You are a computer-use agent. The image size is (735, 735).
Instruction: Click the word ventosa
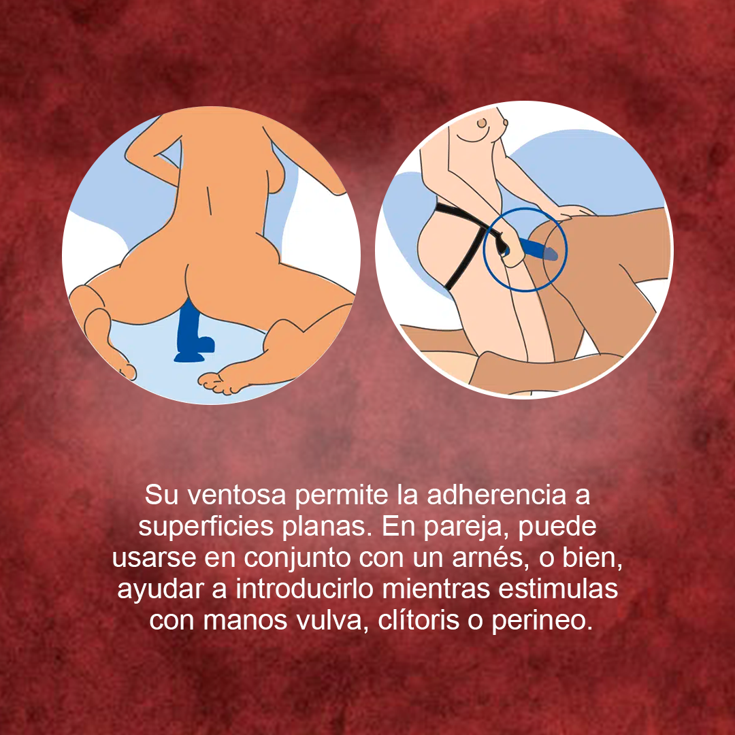(x=237, y=495)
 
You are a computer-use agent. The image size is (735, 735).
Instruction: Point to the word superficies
(x=206, y=527)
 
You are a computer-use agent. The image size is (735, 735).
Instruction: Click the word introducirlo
(x=304, y=589)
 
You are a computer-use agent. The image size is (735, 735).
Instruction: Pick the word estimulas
(x=558, y=589)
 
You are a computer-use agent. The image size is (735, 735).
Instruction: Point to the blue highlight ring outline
(x=485, y=250)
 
